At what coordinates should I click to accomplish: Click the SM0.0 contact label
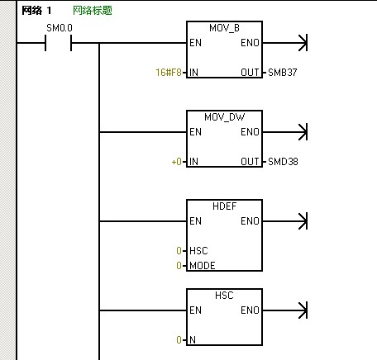[x=60, y=28]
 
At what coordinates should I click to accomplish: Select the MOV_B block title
[x=224, y=28]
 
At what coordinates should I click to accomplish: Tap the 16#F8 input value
[x=169, y=73]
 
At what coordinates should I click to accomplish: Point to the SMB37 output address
[x=283, y=73]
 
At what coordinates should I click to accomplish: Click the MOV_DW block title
[x=224, y=117]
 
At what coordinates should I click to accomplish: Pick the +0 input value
[x=176, y=162]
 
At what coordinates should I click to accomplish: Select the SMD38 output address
[x=283, y=162]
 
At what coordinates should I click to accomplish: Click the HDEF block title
[x=224, y=206]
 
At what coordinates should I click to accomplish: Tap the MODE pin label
[x=203, y=266]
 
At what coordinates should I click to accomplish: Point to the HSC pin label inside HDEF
[x=198, y=251]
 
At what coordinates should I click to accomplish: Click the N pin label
[x=193, y=340]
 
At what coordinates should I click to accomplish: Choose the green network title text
[x=93, y=11]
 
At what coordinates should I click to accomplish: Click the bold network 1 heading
[x=36, y=11]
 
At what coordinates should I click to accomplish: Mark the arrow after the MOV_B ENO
[x=285, y=43]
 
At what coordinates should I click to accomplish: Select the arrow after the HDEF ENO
[x=285, y=221]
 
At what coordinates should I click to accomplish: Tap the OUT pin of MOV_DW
[x=250, y=162]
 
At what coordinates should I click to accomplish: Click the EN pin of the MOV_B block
[x=195, y=43]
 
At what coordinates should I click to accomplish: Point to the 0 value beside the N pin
[x=179, y=340]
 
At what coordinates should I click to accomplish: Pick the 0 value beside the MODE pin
[x=179, y=266]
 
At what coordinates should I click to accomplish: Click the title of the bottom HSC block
[x=224, y=296]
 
